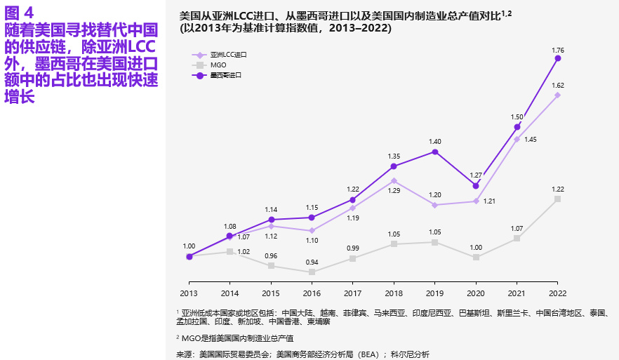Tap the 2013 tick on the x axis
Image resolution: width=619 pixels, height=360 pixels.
[x=189, y=293]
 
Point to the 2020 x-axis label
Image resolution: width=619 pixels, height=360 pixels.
[x=476, y=293]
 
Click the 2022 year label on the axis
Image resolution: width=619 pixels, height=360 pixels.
[x=557, y=293]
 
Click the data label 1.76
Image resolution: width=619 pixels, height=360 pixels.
[x=558, y=50]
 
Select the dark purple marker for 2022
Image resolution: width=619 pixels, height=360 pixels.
[x=558, y=59]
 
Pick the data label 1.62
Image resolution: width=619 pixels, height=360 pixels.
[x=558, y=85]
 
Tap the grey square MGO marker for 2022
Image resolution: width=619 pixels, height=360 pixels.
[x=558, y=199]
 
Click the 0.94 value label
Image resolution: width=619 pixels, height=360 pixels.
[x=312, y=262]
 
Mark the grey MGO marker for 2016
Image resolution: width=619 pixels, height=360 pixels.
[x=312, y=272]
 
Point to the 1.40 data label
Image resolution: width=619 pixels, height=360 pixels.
[x=435, y=141]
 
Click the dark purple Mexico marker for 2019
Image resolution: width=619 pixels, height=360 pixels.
[x=435, y=151]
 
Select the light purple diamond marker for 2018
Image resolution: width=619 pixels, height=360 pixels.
[x=394, y=180]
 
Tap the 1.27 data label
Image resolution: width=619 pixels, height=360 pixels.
[x=476, y=175]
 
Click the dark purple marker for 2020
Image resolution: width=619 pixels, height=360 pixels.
[x=476, y=185]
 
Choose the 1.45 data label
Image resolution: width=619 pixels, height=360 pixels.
[x=530, y=140]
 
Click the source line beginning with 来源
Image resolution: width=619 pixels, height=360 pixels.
[x=302, y=354]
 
